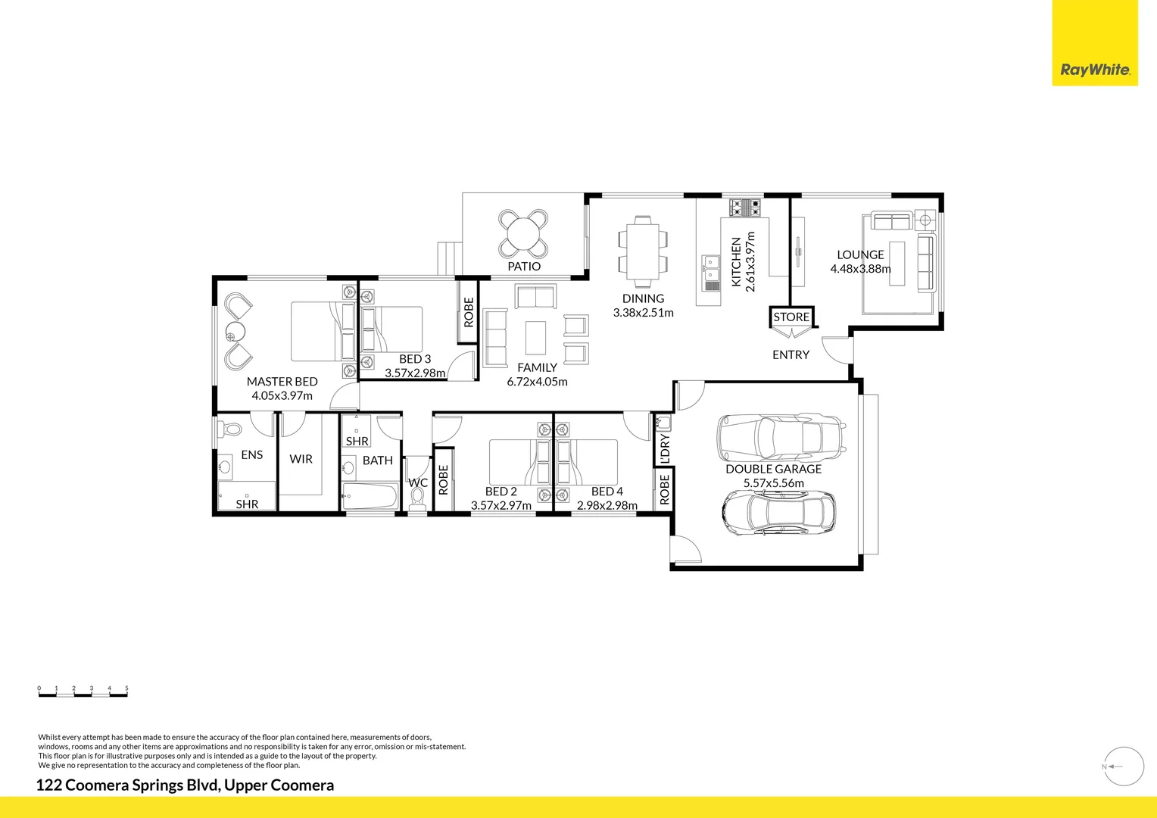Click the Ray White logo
pyautogui.click(x=1094, y=70)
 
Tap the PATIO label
pyautogui.click(x=524, y=267)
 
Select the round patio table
pyautogui.click(x=523, y=233)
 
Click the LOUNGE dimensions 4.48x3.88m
pyautogui.click(x=860, y=269)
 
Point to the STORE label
pyautogui.click(x=791, y=317)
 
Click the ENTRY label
pyautogui.click(x=791, y=354)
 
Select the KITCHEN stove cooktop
pyautogui.click(x=745, y=207)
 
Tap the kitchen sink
pyautogui.click(x=710, y=273)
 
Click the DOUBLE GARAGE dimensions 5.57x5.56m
pyautogui.click(x=773, y=483)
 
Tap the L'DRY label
pyautogui.click(x=665, y=448)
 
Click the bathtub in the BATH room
pyautogui.click(x=370, y=498)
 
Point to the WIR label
pyautogui.click(x=301, y=459)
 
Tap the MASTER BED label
pyautogui.click(x=282, y=382)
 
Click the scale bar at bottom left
pyautogui.click(x=83, y=692)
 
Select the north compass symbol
pyautogui.click(x=1124, y=766)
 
